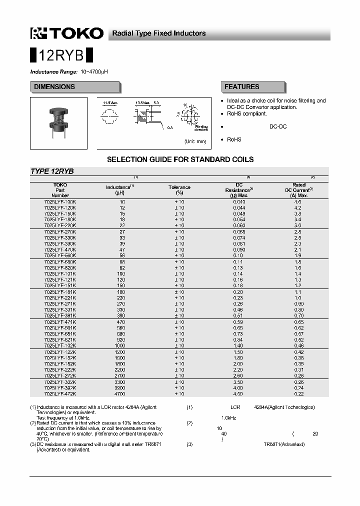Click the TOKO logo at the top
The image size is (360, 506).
click(66, 33)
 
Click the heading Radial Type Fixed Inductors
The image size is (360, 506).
click(158, 33)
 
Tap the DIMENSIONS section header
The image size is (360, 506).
click(54, 87)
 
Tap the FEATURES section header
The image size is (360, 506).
click(241, 87)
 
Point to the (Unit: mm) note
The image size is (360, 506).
click(195, 141)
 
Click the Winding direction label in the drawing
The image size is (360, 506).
click(201, 128)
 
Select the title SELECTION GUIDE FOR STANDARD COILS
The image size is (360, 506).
click(180, 159)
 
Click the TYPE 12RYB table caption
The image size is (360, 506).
click(52, 171)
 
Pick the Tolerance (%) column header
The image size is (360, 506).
click(179, 190)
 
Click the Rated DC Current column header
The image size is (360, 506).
click(299, 190)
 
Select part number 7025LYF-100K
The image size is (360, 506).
click(60, 201)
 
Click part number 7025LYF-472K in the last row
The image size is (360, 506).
click(60, 393)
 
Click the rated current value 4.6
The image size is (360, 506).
click(297, 201)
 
